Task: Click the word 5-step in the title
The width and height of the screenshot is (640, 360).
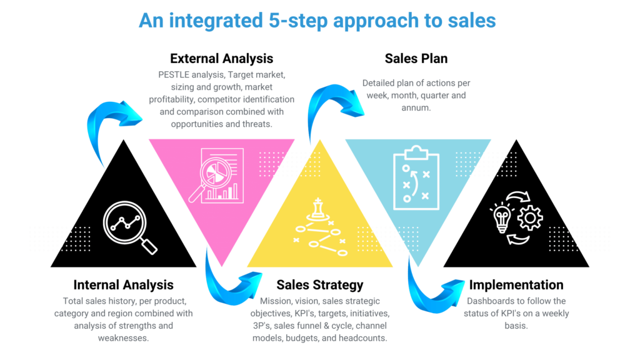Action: tap(294, 21)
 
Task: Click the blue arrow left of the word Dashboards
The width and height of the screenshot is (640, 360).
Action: tap(431, 284)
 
